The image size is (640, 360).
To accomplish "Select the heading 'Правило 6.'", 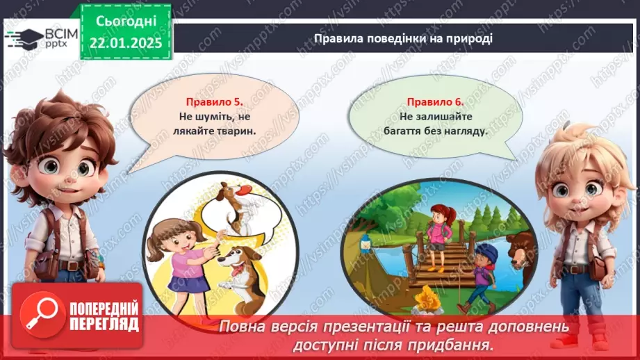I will click(x=435, y=101).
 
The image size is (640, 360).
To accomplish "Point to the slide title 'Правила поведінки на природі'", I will click(x=403, y=38).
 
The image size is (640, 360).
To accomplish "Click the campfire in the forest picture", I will click(x=426, y=301).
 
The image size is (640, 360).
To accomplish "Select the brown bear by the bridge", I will click(x=521, y=250).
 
